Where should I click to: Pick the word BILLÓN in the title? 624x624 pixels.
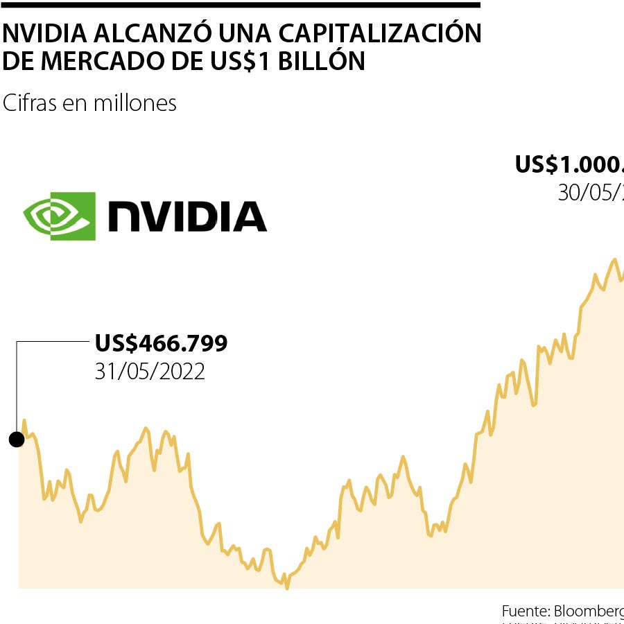[x=323, y=62]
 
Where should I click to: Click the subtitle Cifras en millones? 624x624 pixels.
[x=89, y=103]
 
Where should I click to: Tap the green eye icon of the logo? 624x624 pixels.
[x=60, y=216]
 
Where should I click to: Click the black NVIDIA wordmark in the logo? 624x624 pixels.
[x=187, y=216]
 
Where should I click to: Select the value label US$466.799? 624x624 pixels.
[x=161, y=343]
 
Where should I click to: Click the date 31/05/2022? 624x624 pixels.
[x=150, y=372]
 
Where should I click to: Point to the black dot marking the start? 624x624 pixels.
[x=16, y=439]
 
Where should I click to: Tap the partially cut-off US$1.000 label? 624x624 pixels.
[x=569, y=165]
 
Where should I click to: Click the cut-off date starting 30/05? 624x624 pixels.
[x=590, y=193]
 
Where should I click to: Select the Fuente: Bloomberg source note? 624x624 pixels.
[x=562, y=611]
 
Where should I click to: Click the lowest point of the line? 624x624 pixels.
[x=286, y=587]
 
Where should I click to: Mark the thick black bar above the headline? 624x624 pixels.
[x=240, y=5]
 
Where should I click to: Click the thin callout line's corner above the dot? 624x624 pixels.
[x=17, y=342]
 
